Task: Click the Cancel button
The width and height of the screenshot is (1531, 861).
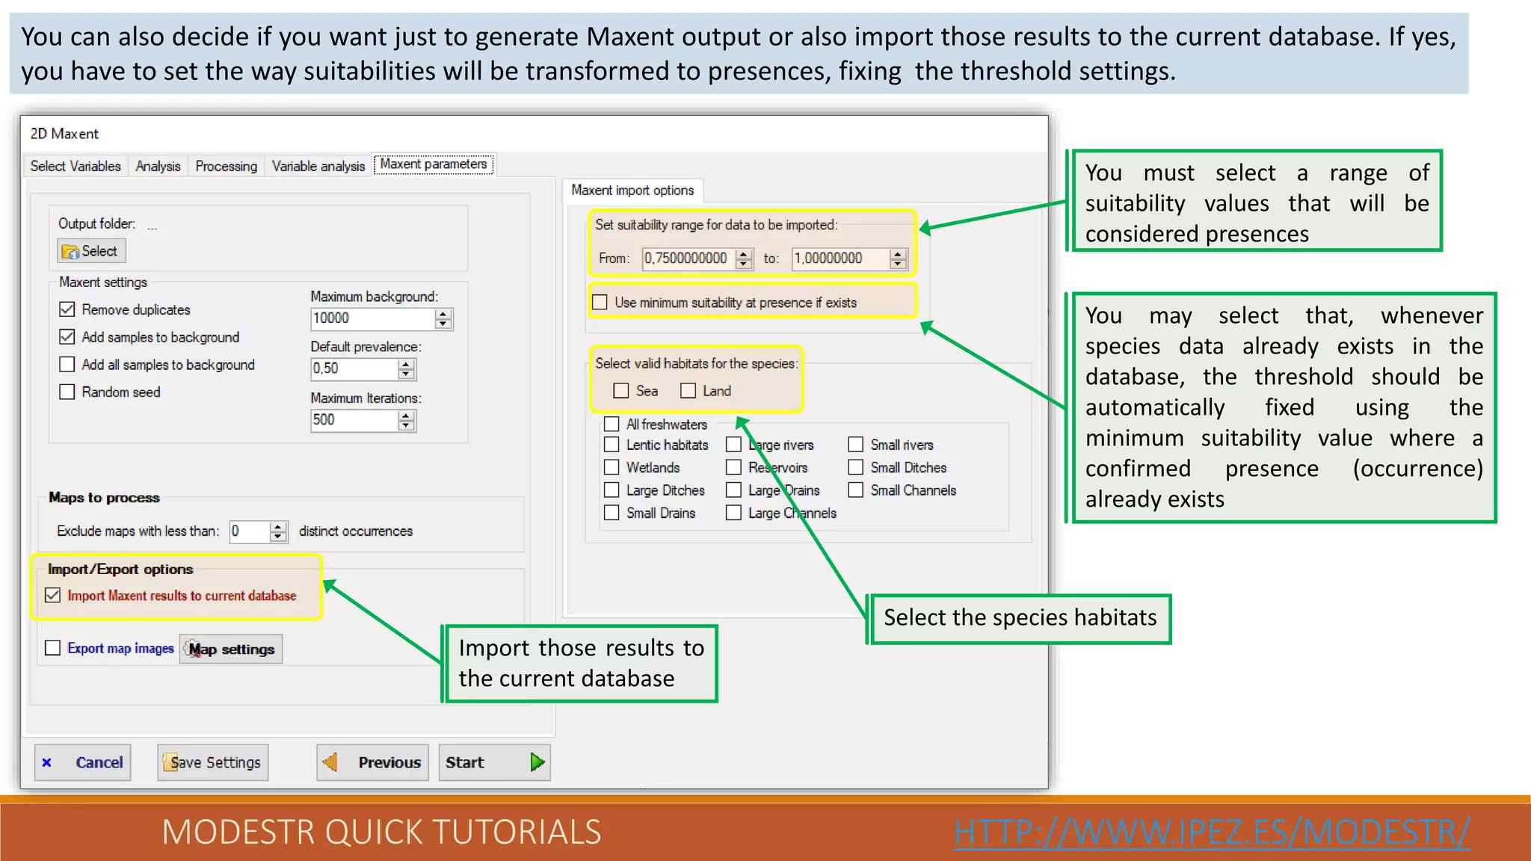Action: coord(83,762)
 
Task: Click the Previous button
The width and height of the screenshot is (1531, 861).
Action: coord(372,762)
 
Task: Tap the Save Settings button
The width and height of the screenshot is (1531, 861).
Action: coord(213,762)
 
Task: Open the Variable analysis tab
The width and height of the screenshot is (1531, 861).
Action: coord(318,166)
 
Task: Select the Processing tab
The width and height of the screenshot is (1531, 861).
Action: coord(226,166)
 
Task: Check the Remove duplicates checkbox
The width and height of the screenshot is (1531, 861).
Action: coord(67,309)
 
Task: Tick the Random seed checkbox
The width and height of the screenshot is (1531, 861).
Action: coord(67,392)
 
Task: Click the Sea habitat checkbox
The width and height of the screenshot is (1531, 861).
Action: coord(620,391)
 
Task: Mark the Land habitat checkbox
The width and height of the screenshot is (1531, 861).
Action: coord(688,391)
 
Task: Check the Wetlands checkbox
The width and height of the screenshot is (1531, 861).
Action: coord(612,467)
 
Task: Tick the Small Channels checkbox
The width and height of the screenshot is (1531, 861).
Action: coord(856,490)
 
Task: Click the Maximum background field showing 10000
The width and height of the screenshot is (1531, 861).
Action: coord(372,318)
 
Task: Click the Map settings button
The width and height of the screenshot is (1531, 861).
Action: coord(231,649)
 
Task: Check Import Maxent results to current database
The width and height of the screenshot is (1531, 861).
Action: coord(53,596)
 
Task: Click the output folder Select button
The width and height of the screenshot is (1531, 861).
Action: coord(91,251)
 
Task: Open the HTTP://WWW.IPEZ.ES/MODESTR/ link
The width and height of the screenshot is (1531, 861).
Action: coord(1211,832)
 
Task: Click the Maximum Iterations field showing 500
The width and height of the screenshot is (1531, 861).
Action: coord(354,420)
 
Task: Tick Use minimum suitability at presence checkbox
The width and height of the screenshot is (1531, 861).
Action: coord(600,303)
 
